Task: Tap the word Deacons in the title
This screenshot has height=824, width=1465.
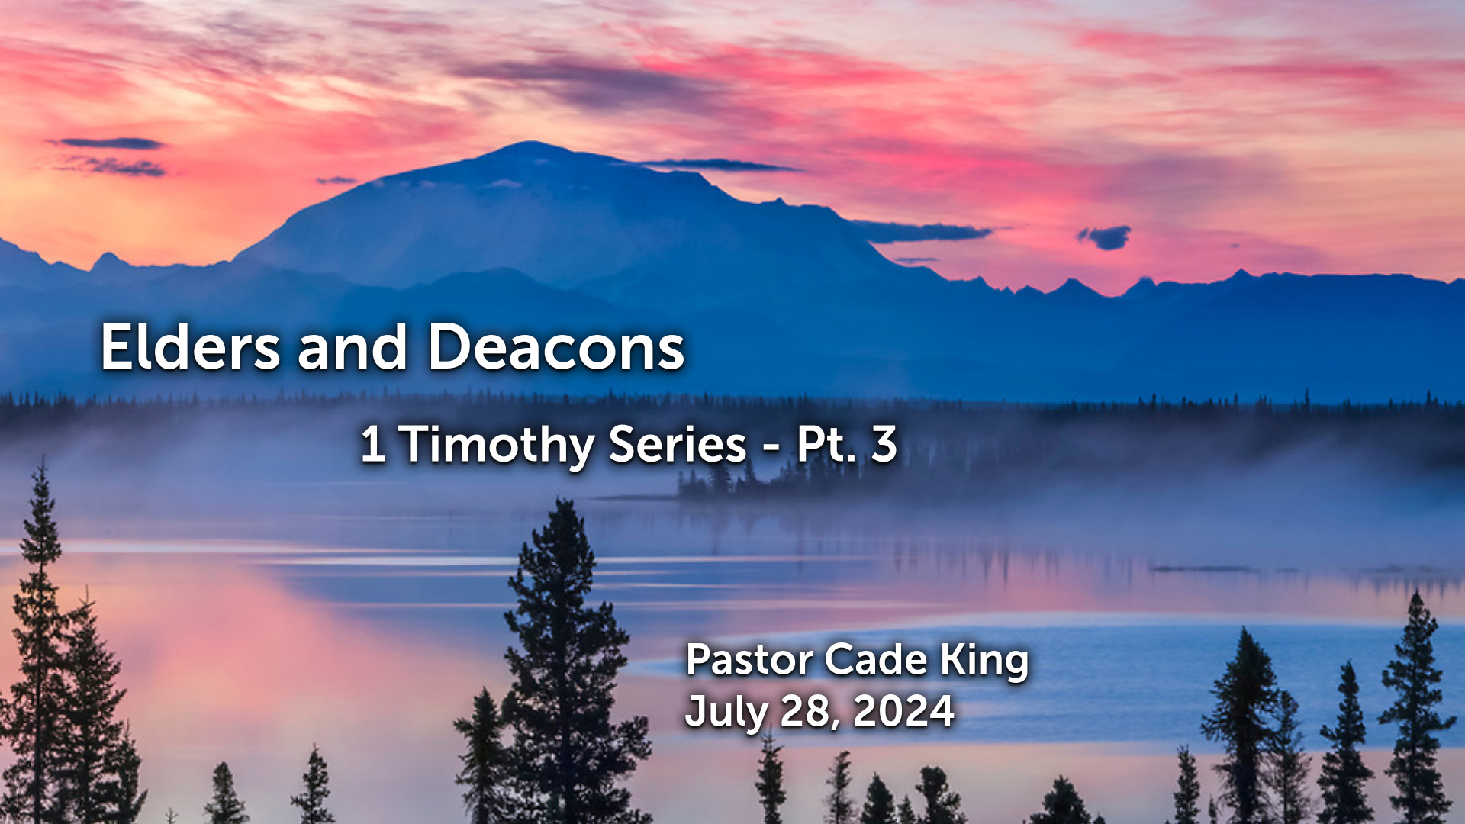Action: click(555, 347)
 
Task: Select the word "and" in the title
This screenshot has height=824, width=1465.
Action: click(353, 347)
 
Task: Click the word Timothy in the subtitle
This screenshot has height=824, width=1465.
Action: click(496, 445)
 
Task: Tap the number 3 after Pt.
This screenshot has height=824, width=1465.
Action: click(884, 444)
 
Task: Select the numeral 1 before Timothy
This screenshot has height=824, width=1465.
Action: click(372, 444)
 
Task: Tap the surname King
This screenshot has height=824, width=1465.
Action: click(984, 661)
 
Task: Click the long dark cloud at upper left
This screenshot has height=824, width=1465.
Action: click(107, 143)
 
